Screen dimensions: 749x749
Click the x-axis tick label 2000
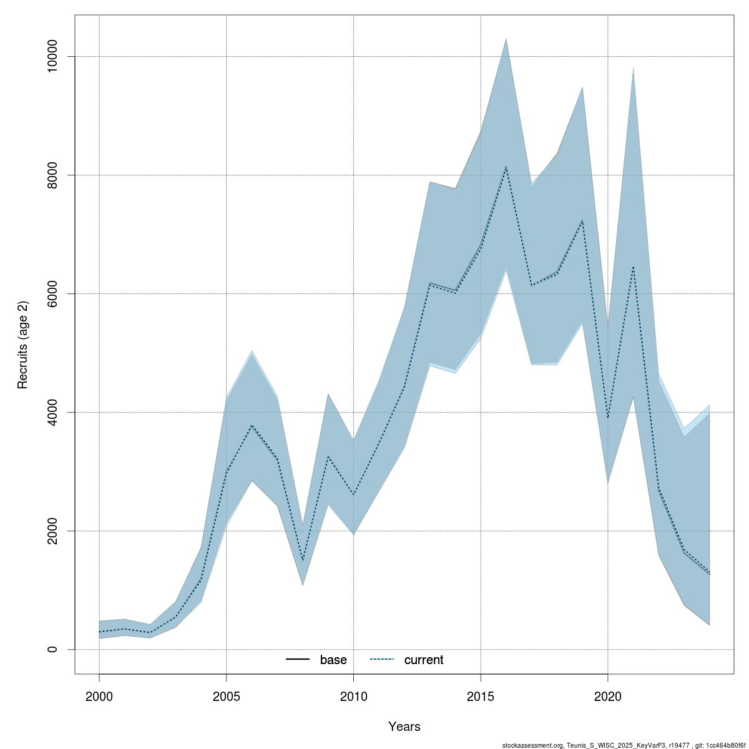99,695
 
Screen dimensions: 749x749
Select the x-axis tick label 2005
227,695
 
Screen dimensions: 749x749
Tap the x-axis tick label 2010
353,695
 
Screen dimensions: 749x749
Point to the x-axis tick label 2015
481,695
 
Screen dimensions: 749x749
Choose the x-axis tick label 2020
608,695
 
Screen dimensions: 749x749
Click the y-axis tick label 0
53,650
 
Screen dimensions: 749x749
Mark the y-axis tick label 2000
53,531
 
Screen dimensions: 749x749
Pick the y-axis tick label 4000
53,413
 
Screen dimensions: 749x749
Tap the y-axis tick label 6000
53,294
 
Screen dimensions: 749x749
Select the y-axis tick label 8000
53,175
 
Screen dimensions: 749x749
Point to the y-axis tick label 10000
53,57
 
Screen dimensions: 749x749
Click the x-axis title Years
404,727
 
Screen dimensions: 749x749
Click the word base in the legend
333,660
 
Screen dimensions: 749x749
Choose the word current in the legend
424,660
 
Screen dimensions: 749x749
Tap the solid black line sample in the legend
298,660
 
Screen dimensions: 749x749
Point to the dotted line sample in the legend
382,660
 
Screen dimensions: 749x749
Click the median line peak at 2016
506,167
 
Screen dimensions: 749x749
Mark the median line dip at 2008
303,561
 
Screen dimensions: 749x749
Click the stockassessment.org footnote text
624,745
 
